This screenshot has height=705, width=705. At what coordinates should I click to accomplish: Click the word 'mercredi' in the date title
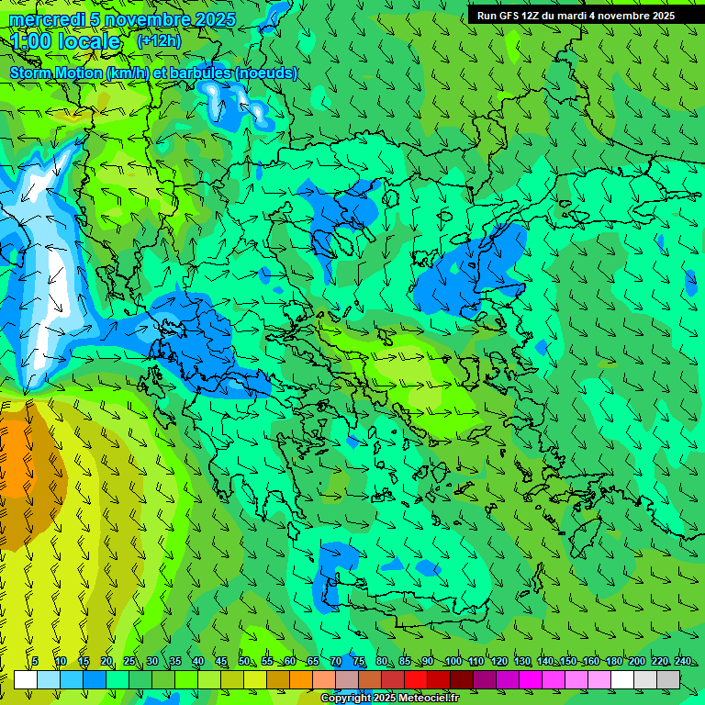pyautogui.click(x=42, y=19)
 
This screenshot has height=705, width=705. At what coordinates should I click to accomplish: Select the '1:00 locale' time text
pyautogui.click(x=65, y=41)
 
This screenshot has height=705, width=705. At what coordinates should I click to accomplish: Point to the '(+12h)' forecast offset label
pyautogui.click(x=159, y=40)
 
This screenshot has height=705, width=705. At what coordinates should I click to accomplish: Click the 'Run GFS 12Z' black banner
pyautogui.click(x=576, y=16)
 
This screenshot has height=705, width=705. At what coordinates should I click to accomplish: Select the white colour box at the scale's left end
pyautogui.click(x=25, y=680)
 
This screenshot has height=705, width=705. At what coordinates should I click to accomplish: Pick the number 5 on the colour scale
pyautogui.click(x=35, y=661)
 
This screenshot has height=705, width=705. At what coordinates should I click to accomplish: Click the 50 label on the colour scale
pyautogui.click(x=243, y=661)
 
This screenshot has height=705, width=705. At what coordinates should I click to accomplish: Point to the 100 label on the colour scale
pyautogui.click(x=453, y=661)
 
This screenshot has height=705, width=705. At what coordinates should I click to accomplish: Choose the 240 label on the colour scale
pyautogui.click(x=682, y=661)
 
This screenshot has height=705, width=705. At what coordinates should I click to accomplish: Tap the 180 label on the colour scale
pyautogui.click(x=613, y=661)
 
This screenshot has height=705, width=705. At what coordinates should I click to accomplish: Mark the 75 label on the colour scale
pyautogui.click(x=358, y=661)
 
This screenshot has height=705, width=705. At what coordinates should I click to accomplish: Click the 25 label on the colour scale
pyautogui.click(x=129, y=661)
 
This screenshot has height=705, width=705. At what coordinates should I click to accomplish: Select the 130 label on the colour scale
pyautogui.click(x=521, y=661)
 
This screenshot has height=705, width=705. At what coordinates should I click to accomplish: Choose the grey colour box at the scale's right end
pyautogui.click(x=668, y=680)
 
